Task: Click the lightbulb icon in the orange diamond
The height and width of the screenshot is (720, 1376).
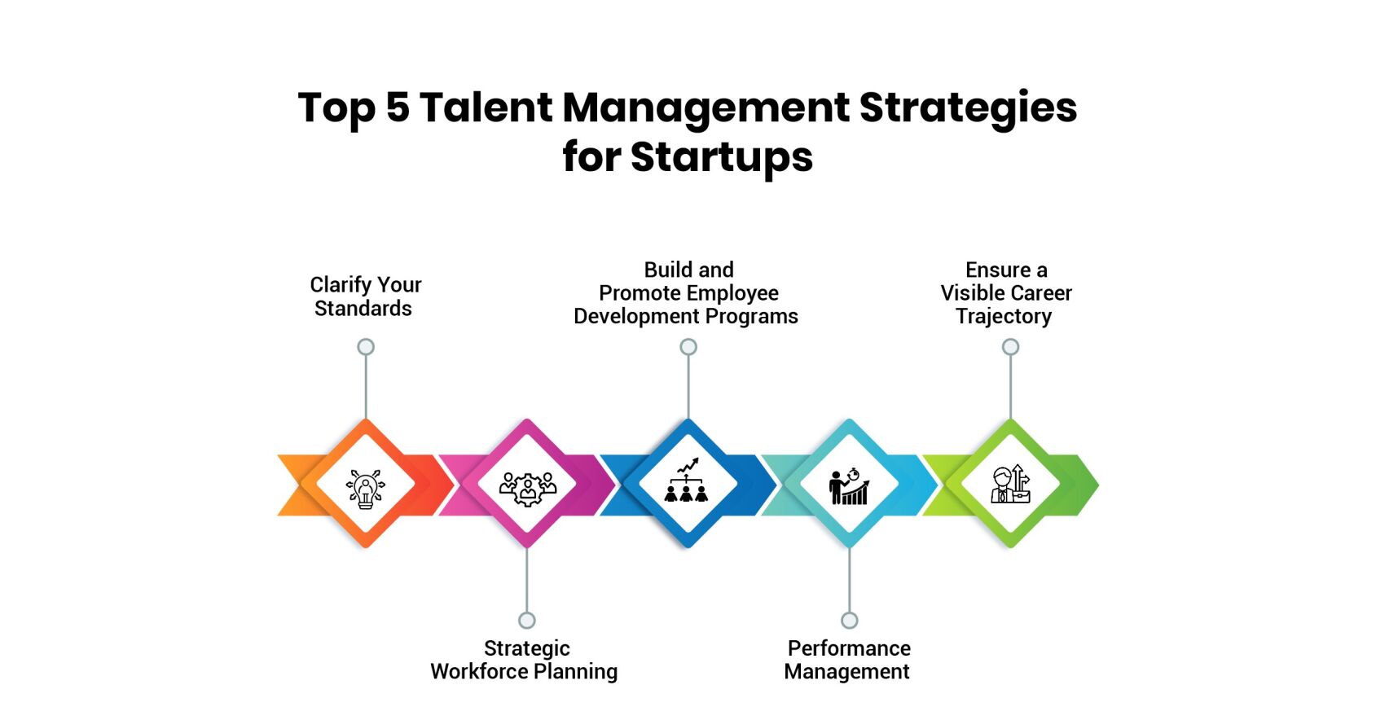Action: click(x=366, y=489)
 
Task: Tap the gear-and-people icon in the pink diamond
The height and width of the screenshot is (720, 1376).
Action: click(x=527, y=489)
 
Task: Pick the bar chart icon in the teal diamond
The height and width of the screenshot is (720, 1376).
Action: click(x=849, y=486)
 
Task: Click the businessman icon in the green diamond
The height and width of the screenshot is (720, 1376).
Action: click(x=1010, y=484)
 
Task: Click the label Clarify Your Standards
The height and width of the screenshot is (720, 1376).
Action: click(x=365, y=296)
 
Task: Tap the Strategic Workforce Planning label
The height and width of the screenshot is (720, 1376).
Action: click(x=525, y=660)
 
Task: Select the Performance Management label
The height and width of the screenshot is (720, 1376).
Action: click(x=848, y=660)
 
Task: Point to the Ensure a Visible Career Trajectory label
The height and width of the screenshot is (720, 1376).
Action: click(x=1005, y=293)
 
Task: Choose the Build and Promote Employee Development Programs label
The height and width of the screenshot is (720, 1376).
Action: click(x=686, y=293)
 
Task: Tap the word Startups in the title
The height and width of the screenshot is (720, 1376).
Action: click(x=722, y=158)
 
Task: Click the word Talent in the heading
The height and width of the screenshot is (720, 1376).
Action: click(x=486, y=108)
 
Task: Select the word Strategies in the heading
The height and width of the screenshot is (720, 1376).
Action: click(x=968, y=109)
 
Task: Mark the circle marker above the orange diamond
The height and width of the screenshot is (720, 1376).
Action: click(x=366, y=347)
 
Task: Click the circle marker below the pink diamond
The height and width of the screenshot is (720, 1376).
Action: click(x=527, y=621)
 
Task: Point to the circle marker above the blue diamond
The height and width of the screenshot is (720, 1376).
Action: click(x=688, y=347)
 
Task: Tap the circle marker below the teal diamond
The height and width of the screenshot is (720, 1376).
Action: click(x=850, y=621)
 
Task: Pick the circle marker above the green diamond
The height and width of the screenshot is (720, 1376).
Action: click(x=1010, y=347)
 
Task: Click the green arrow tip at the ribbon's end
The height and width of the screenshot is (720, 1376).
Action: click(x=1098, y=485)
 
